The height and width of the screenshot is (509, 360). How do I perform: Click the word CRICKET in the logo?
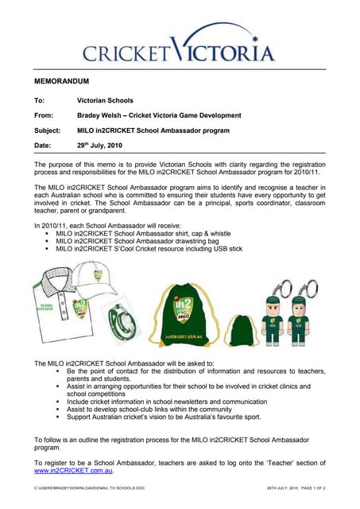pos(126,53)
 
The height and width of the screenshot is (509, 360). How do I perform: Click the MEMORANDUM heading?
pos(62,82)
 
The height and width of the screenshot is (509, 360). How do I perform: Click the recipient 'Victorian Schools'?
pos(105,101)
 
